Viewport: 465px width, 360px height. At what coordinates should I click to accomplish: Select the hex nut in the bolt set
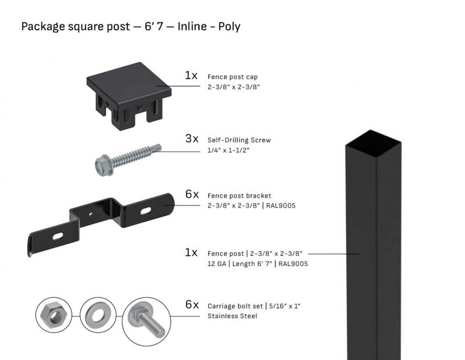click(x=55, y=316)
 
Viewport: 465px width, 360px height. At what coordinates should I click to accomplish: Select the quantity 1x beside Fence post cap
click(x=191, y=76)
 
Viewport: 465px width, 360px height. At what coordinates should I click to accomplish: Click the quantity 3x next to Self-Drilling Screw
click(x=192, y=140)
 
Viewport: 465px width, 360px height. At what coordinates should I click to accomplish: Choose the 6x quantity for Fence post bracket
click(x=192, y=194)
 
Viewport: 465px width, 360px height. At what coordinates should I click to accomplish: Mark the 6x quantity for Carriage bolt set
click(x=192, y=305)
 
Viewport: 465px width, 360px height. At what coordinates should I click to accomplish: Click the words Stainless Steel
click(x=232, y=316)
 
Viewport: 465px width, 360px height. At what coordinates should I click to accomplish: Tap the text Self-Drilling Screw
click(x=239, y=140)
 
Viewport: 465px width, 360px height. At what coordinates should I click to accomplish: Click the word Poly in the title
click(x=229, y=27)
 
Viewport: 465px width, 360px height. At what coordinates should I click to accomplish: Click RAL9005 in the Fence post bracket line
click(x=281, y=205)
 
